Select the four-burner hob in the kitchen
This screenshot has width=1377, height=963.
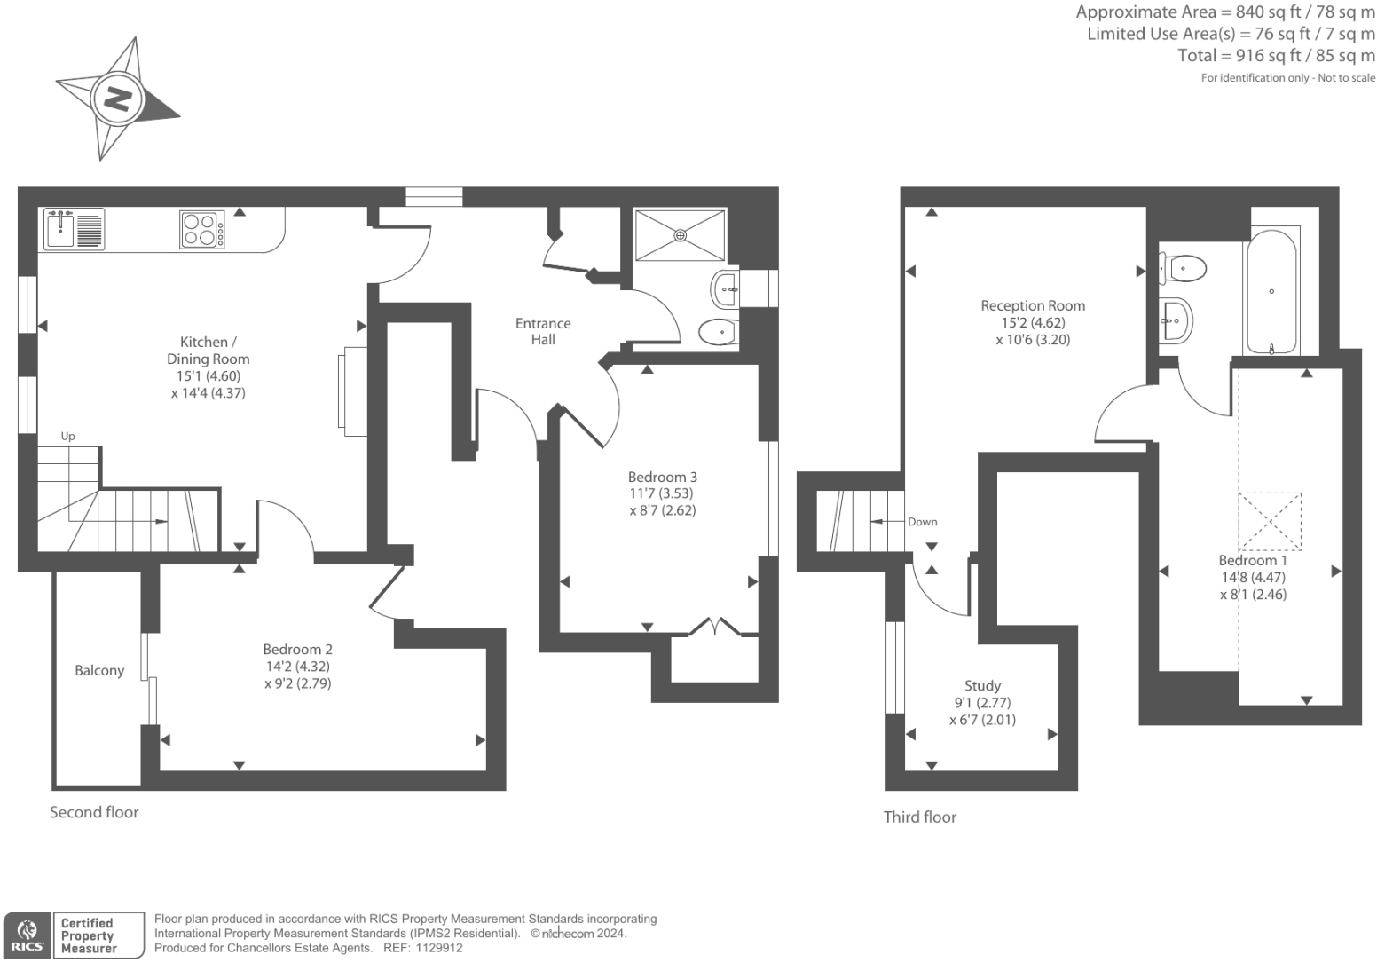tap(202, 230)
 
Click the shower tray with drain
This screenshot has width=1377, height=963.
tap(680, 235)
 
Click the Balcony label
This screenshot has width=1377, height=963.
tap(99, 671)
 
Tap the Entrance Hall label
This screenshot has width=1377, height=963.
tap(543, 331)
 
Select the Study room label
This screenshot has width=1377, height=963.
tap(982, 685)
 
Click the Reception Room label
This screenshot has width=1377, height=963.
tap(1033, 305)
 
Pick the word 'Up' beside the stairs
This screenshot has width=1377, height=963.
tap(68, 436)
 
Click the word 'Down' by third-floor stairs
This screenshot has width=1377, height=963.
tap(922, 522)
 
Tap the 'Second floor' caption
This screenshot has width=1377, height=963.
tap(94, 812)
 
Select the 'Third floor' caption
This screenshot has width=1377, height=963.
tap(920, 817)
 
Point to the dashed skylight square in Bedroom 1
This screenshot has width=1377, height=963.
tap(1270, 522)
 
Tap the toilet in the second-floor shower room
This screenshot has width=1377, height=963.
tap(719, 333)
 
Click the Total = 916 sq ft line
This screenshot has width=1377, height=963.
tap(1276, 55)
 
